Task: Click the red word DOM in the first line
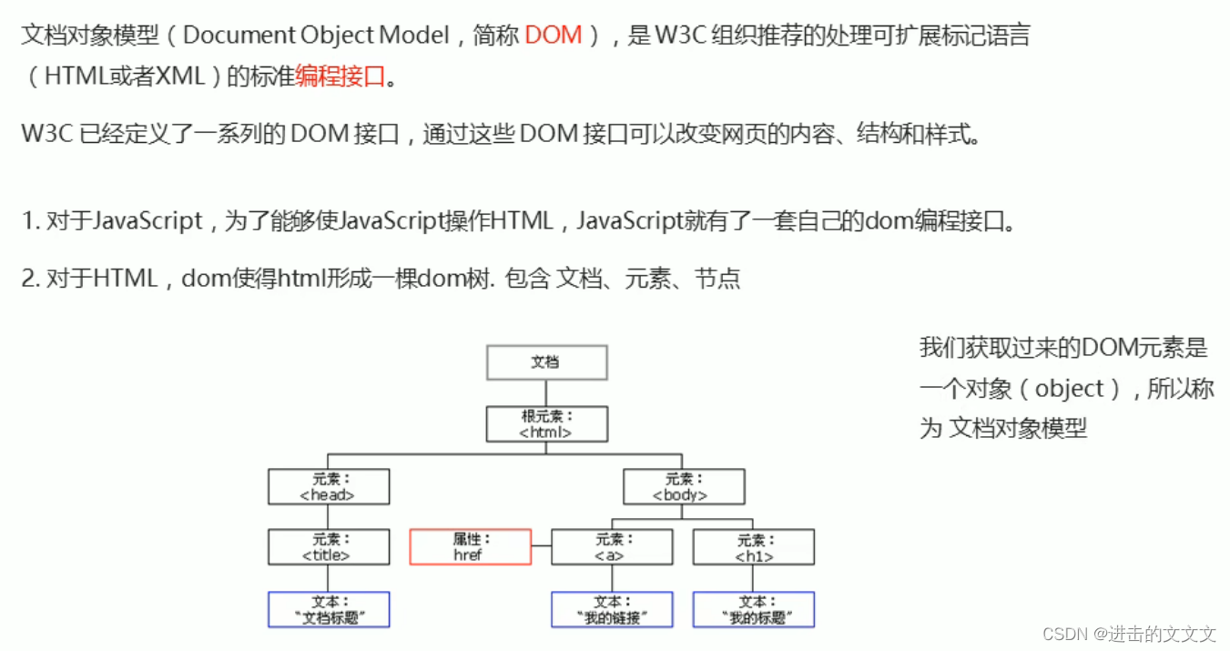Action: pos(554,36)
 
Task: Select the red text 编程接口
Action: pos(340,77)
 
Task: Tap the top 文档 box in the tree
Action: pos(546,362)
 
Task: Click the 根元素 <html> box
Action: pos(546,424)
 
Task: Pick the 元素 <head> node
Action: pos(328,487)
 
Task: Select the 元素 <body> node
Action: pos(683,487)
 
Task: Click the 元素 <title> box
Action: pos(328,547)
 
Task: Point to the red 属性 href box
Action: pos(470,547)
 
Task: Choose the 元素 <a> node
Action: pos(612,547)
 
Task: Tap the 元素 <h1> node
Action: pos(754,547)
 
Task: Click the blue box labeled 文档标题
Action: pos(328,609)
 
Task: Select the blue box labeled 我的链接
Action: pos(612,609)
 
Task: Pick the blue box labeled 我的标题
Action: pos(754,609)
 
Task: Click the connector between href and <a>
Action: pos(542,547)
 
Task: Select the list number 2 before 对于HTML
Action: pos(28,278)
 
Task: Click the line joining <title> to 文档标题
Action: pos(328,578)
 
